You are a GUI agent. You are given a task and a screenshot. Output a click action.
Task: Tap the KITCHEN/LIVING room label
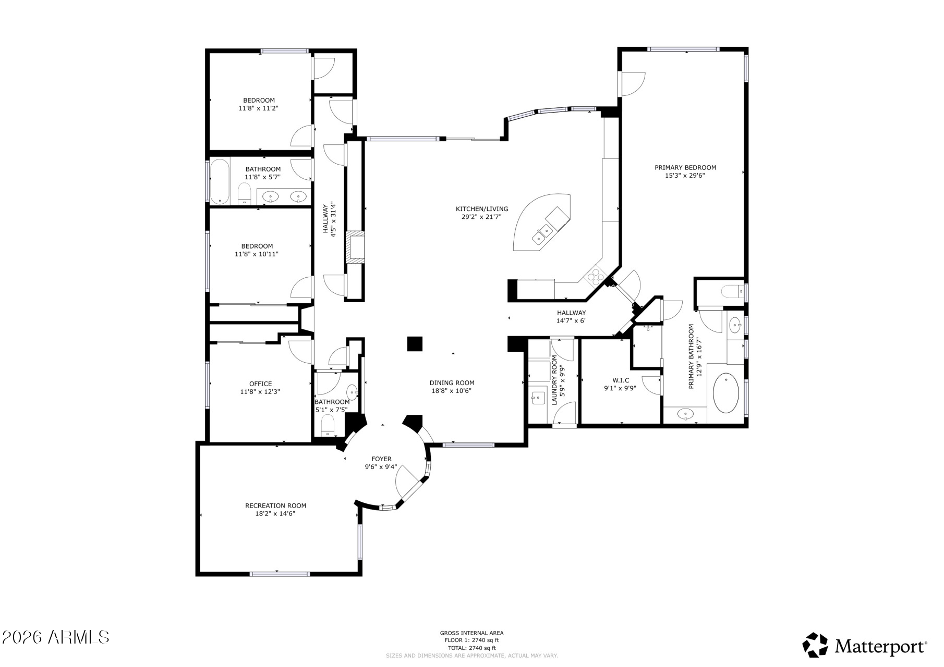click(x=482, y=209)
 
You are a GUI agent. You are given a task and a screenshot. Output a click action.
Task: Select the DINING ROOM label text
click(x=452, y=383)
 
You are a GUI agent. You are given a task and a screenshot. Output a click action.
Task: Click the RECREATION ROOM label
click(x=276, y=505)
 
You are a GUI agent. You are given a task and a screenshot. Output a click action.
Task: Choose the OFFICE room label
click(x=260, y=384)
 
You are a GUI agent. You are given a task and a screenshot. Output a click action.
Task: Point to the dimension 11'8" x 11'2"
click(x=259, y=108)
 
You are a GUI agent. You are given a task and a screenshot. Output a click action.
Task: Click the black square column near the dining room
click(x=415, y=344)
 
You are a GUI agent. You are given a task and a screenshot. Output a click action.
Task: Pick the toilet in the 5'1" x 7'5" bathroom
click(x=328, y=424)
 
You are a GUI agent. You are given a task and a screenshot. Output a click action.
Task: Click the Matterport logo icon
click(x=815, y=645)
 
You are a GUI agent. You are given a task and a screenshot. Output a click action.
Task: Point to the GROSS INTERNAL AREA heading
click(x=471, y=633)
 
